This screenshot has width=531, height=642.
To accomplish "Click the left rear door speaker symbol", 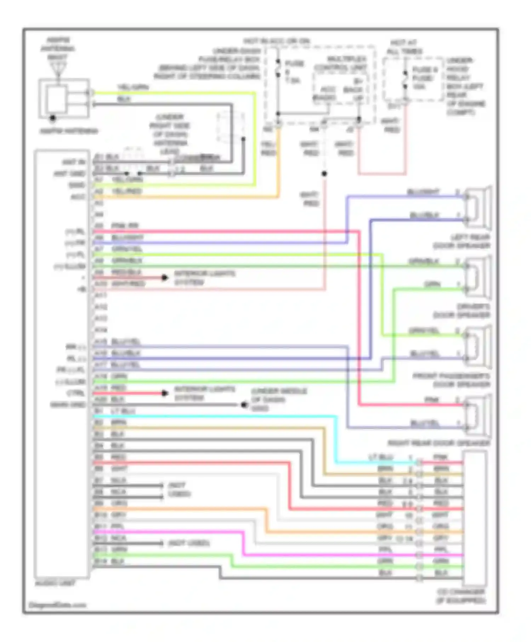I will tap(479, 208).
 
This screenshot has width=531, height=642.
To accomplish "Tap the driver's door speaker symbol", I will tap(479, 277).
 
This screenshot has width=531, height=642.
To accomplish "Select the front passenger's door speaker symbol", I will tap(479, 346).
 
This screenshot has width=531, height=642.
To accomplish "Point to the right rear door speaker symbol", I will tap(479, 416).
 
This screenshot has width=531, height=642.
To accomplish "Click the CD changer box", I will tap(474, 518).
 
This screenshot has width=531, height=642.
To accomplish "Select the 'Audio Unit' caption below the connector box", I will tap(55, 583).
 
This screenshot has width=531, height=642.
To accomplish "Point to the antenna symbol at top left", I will tap(57, 67).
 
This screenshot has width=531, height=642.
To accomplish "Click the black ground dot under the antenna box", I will tap(53, 118).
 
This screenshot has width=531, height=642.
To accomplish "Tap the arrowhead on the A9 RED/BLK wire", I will tap(164, 278).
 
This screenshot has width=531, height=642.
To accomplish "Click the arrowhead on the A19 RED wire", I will tap(164, 393).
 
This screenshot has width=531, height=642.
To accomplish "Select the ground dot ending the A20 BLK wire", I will tap(244, 405).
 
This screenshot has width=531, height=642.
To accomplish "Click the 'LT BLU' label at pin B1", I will tap(123, 411).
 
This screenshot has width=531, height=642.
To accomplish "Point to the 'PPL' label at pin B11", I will tap(117, 526).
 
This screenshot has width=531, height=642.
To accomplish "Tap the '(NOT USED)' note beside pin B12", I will tap(189, 543).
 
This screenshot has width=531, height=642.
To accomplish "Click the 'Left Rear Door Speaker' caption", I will tap(462, 241).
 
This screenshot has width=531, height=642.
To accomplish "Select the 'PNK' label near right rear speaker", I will tap(432, 400).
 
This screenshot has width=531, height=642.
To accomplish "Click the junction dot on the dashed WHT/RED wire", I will tap(324, 174).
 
